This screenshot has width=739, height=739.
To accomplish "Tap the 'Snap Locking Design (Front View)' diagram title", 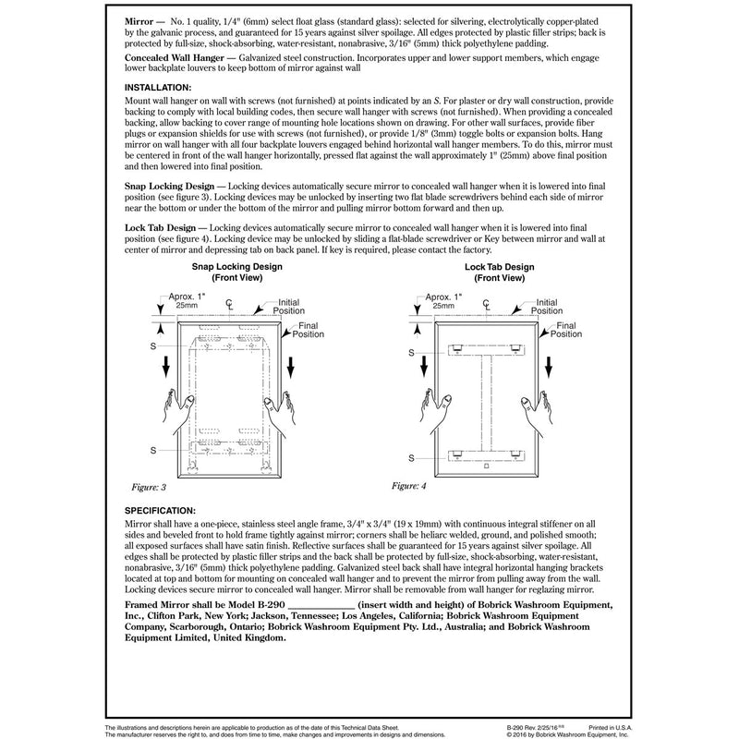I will pyautogui.click(x=236, y=273).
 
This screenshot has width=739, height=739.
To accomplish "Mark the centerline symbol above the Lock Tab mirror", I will pyautogui.click(x=487, y=304).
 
